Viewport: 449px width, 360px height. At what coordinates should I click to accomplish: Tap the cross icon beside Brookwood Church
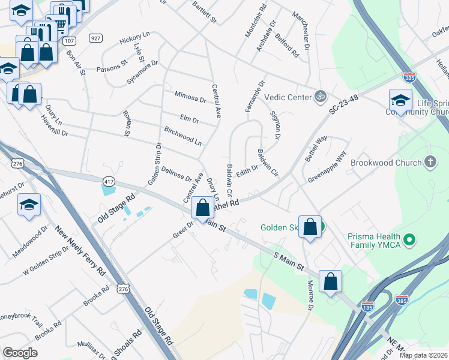point(430,162)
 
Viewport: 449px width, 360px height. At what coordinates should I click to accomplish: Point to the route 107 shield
point(70,41)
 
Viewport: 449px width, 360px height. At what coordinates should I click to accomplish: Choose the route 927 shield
point(95,38)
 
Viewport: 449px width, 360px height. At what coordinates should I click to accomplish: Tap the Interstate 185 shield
point(367,307)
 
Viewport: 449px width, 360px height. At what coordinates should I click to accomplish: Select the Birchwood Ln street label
point(182,136)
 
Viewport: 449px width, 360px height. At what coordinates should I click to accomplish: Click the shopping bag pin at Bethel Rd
point(203,208)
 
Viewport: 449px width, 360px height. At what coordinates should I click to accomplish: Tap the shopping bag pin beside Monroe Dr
point(331,281)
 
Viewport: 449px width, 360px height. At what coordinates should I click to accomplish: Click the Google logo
point(20,353)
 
